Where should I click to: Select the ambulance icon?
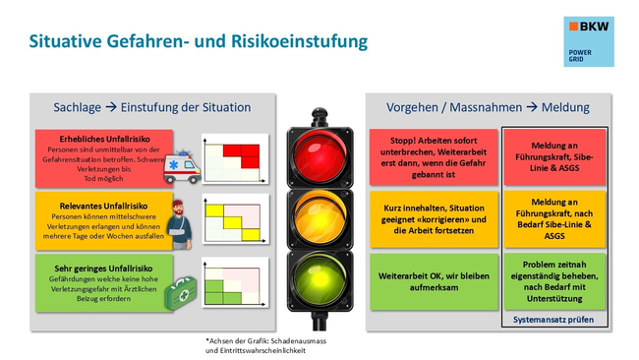182,166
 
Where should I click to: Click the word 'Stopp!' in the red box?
392,140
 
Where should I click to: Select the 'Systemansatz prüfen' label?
554,320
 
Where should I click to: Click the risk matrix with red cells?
236,154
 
